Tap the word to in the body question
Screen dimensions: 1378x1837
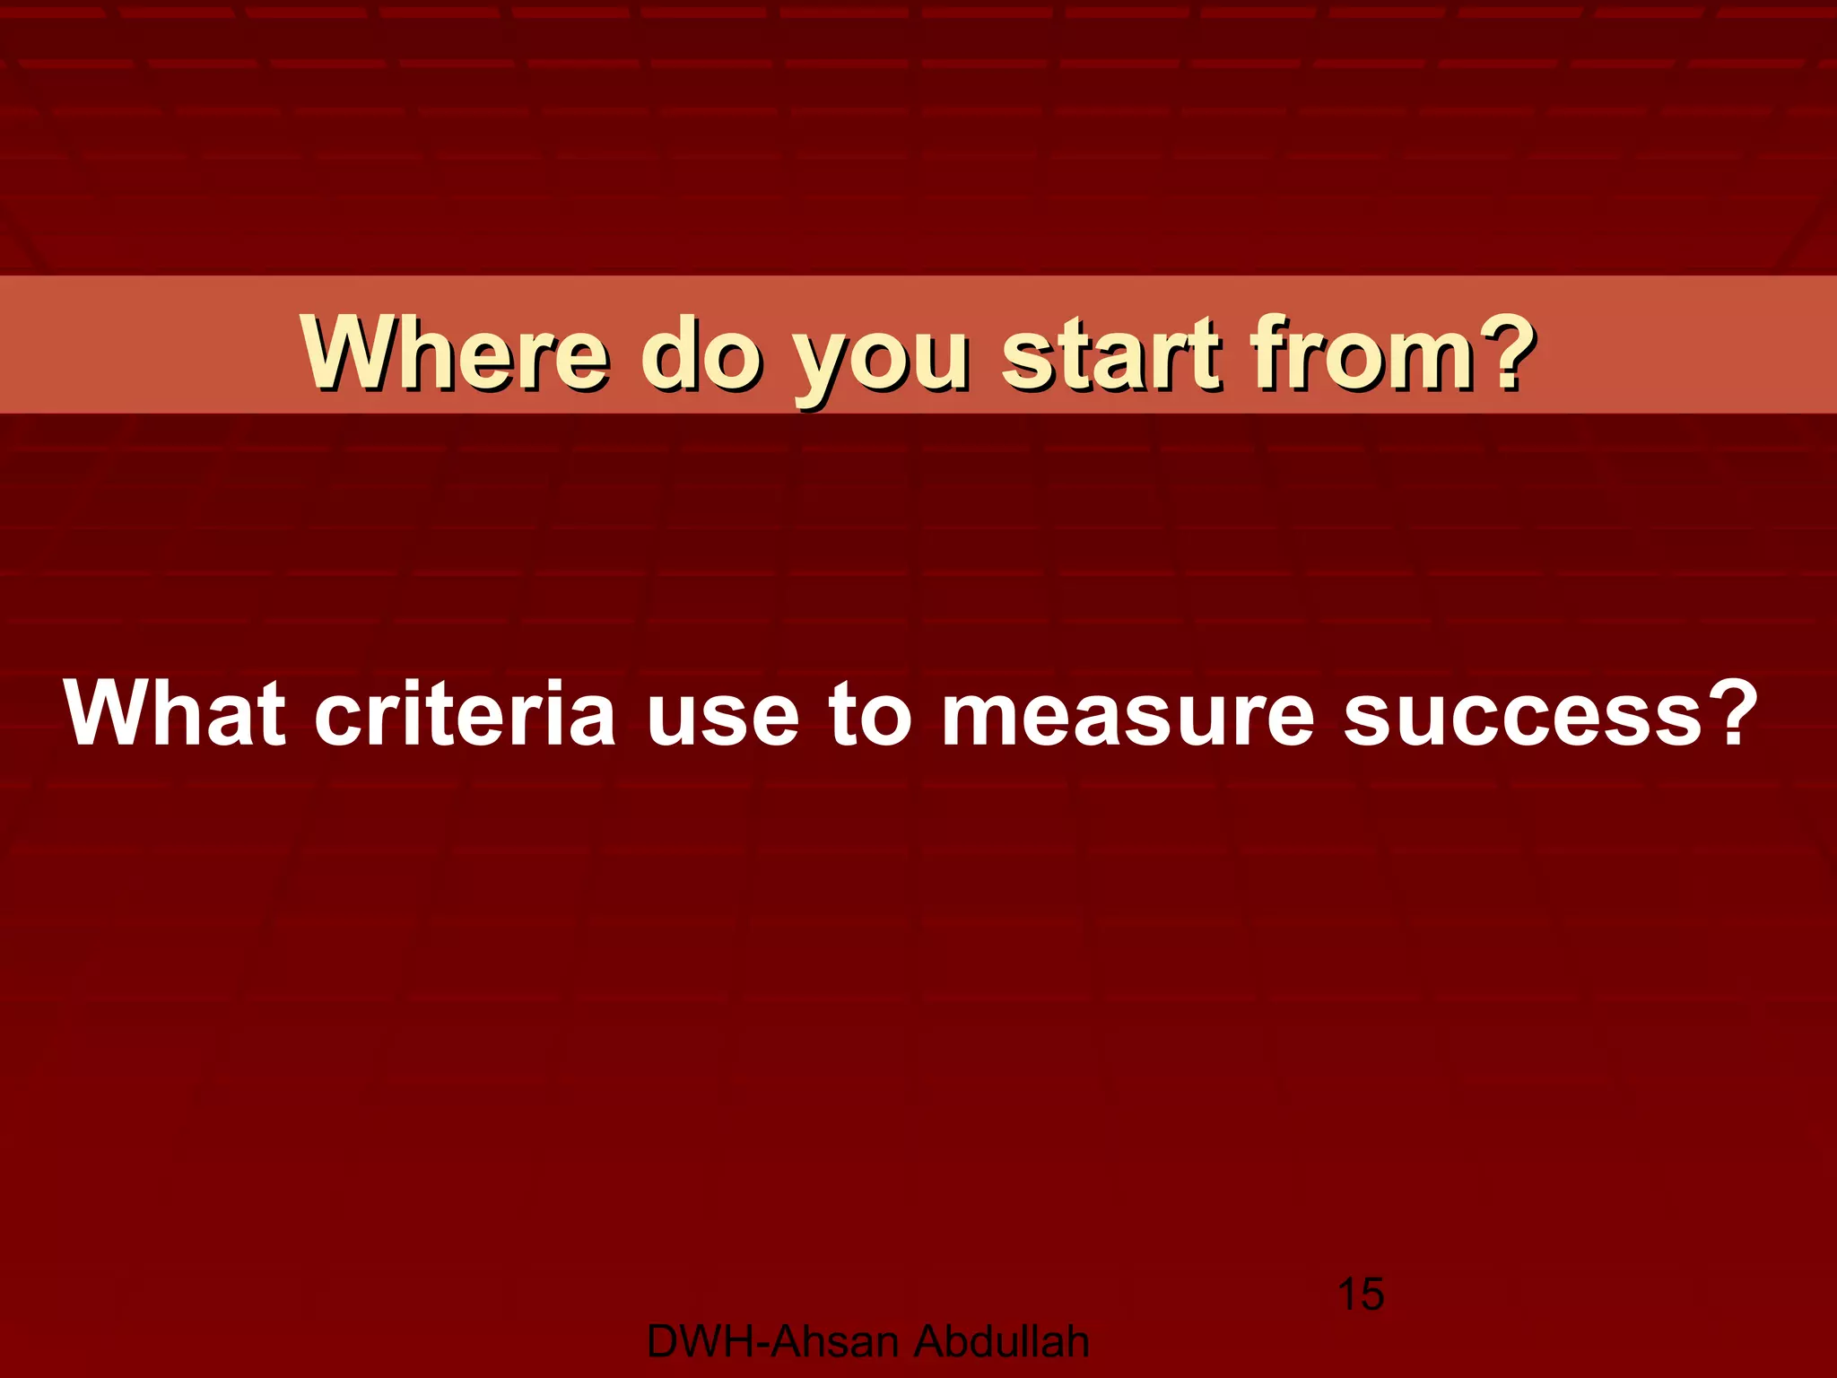[x=870, y=714]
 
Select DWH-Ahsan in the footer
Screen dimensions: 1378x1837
[x=772, y=1342]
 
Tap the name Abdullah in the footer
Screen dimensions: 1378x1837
[x=1002, y=1342]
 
